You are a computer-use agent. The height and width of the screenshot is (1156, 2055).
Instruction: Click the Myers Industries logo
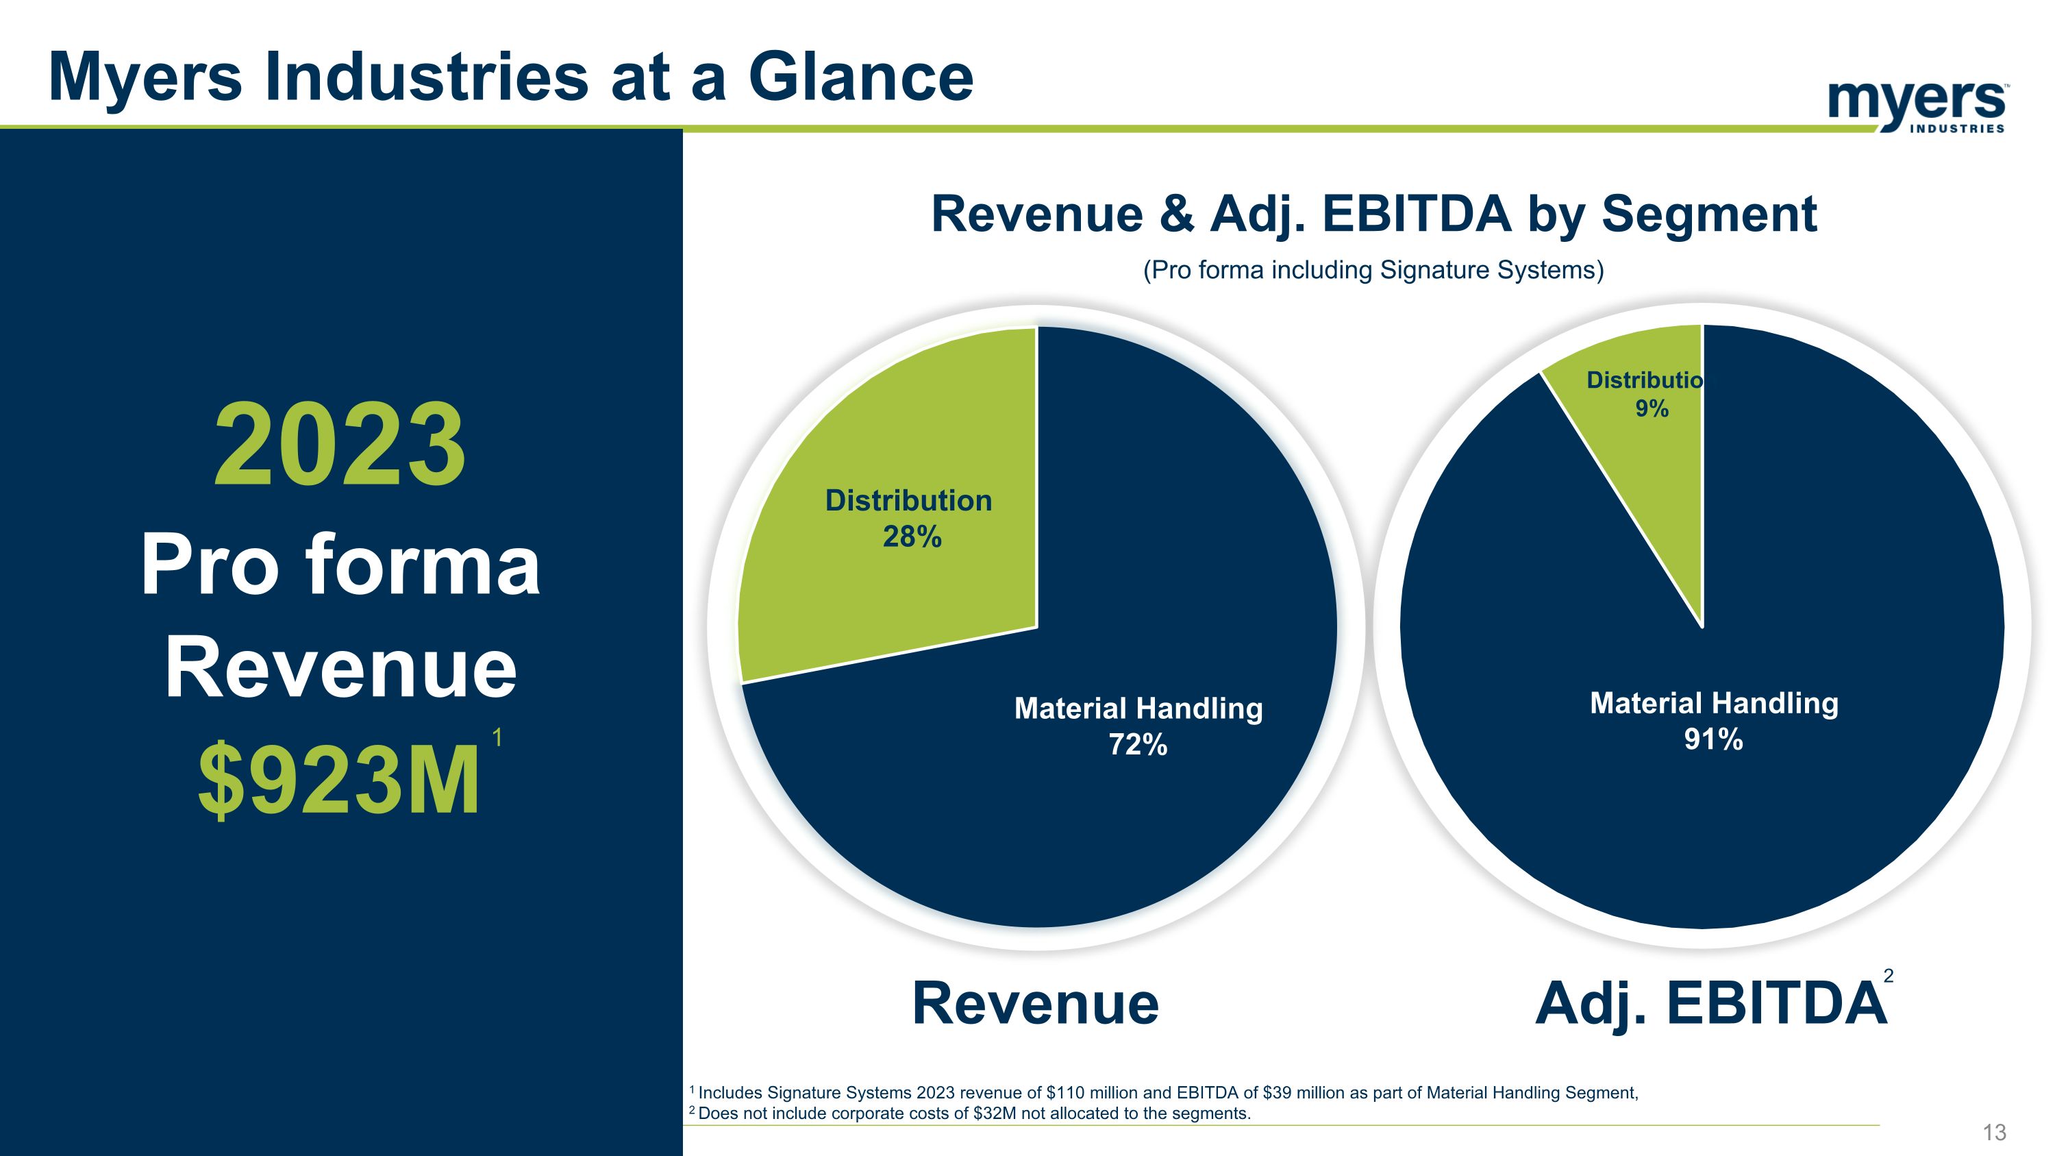click(x=1917, y=107)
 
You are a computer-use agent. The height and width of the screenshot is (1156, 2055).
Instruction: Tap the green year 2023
click(x=340, y=445)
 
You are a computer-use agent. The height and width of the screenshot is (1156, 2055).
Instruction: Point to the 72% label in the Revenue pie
click(x=1138, y=745)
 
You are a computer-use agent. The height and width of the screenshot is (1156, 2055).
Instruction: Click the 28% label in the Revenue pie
click(x=912, y=537)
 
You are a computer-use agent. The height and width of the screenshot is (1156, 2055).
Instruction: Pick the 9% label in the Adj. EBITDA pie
click(x=1652, y=408)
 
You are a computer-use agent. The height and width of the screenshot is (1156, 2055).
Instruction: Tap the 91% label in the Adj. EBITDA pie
click(x=1714, y=739)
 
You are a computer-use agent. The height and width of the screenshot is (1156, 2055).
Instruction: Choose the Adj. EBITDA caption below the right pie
click(x=1710, y=1004)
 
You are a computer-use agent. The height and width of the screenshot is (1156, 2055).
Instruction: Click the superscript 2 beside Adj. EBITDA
click(x=1889, y=976)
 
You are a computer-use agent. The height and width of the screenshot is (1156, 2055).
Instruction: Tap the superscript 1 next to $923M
click(x=497, y=737)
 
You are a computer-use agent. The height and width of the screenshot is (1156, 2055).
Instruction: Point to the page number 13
click(x=1994, y=1132)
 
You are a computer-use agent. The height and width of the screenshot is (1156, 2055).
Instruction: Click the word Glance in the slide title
click(x=861, y=77)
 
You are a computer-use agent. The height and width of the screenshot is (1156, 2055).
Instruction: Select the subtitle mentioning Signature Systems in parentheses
click(x=1373, y=270)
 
